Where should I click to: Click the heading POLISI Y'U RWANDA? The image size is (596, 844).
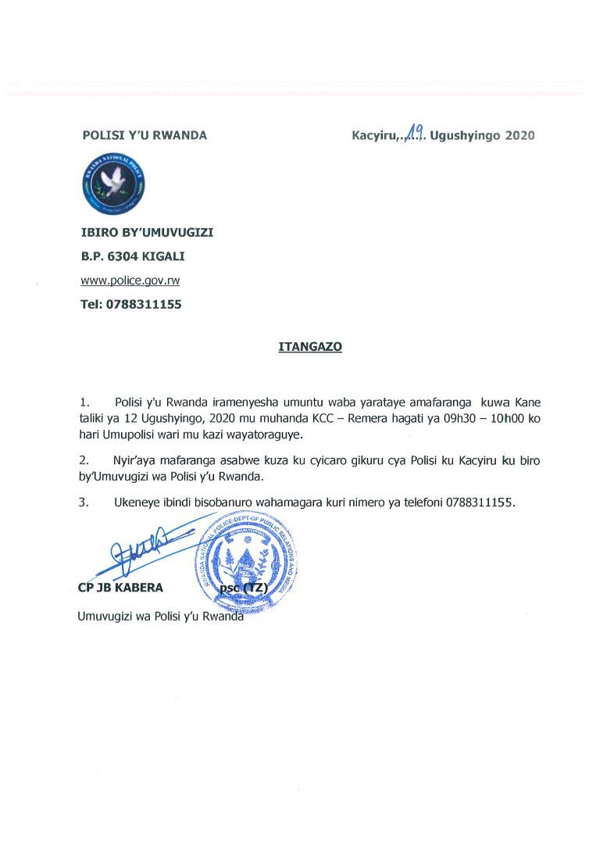(145, 135)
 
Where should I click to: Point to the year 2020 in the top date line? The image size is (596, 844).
(519, 135)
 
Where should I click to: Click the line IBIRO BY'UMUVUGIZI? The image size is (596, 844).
(147, 232)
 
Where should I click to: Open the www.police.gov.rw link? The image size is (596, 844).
(130, 280)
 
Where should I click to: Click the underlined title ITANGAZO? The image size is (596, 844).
(310, 345)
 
